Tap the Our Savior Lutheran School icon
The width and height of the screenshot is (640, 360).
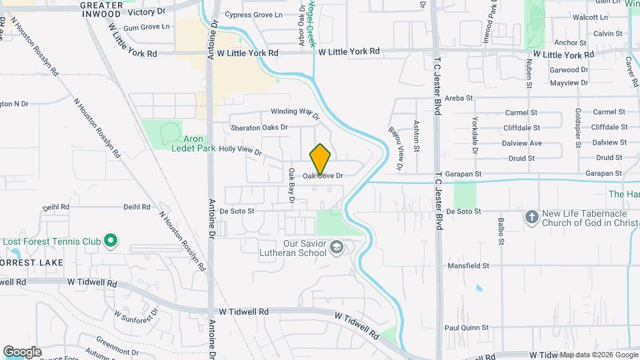point(337,248)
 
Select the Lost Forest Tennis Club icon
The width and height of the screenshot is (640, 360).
point(112,240)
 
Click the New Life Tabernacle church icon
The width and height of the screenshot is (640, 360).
point(531,217)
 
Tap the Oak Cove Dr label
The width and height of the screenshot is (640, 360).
point(323,176)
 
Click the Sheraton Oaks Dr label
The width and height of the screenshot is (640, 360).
point(259,127)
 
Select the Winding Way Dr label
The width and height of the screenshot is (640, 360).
point(295,113)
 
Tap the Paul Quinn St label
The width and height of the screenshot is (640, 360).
point(467,328)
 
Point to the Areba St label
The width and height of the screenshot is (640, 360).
point(459,98)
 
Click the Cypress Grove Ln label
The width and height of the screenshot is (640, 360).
point(253,15)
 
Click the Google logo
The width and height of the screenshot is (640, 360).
point(22,351)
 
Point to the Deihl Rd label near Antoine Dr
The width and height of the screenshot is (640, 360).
point(137,207)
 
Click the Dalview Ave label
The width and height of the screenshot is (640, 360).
point(522,143)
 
